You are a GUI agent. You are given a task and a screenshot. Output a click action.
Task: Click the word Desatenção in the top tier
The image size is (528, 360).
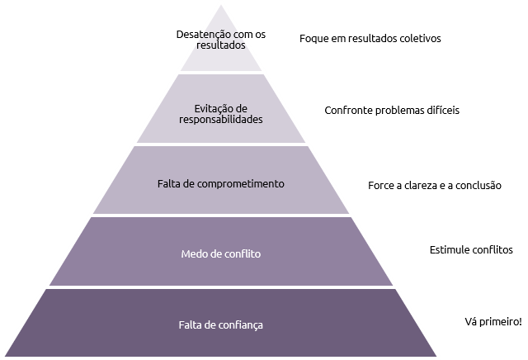[x=198, y=35]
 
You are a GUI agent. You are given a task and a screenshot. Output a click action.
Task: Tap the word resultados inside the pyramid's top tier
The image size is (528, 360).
[x=221, y=45]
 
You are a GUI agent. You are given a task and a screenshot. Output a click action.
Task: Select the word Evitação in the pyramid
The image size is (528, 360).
[x=211, y=109]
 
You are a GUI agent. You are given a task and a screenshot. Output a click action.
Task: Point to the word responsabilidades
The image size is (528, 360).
[x=221, y=120]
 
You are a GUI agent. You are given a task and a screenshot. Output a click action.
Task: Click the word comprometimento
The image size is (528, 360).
[x=240, y=184]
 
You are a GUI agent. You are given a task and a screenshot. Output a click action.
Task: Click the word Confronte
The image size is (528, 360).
[x=348, y=111]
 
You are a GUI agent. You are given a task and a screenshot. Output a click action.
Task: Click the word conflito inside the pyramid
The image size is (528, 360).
[x=243, y=253]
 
